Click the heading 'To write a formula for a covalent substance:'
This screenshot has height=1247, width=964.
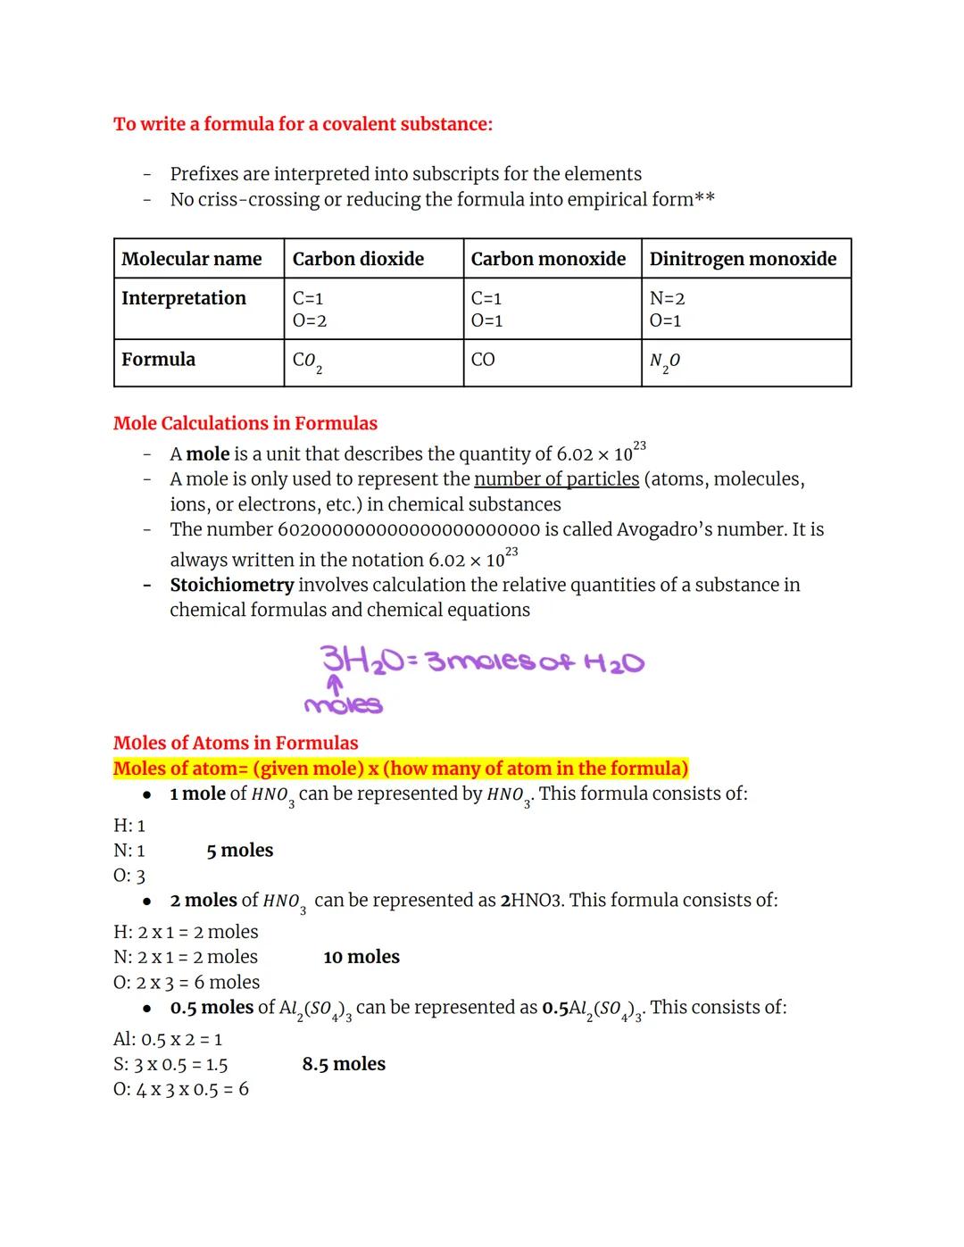303,124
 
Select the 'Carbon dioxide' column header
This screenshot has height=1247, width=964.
358,259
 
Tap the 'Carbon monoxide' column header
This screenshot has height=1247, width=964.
548,259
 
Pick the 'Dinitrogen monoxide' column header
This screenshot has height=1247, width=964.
743,259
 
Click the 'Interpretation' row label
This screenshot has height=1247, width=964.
184,298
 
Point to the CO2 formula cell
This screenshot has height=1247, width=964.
307,362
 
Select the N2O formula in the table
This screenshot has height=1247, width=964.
665,362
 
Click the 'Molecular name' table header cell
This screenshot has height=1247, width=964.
192,259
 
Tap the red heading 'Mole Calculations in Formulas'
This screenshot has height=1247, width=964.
245,423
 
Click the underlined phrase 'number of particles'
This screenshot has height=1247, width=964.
556,479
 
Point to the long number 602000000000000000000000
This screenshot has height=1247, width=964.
409,529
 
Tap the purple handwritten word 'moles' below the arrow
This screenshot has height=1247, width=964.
344,705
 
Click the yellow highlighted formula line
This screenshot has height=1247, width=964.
401,769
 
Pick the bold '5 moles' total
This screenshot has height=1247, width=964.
240,851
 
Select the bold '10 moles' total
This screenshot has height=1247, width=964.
361,957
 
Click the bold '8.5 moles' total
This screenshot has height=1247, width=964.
344,1064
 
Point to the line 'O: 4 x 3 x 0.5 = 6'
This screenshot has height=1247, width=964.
181,1089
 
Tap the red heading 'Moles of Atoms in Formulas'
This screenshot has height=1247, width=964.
236,743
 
